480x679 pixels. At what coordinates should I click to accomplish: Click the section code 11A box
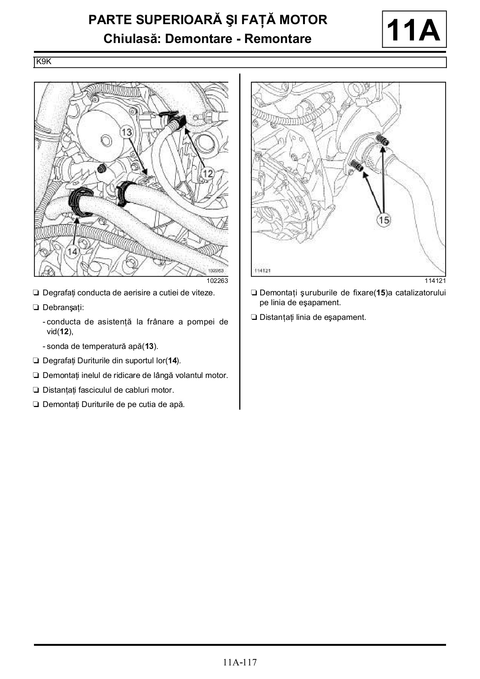click(414, 29)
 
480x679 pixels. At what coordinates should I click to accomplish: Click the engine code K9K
click(44, 61)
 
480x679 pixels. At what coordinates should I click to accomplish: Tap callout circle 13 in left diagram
click(127, 132)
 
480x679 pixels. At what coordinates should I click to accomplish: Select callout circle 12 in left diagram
click(208, 173)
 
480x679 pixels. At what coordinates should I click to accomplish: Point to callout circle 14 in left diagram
click(72, 251)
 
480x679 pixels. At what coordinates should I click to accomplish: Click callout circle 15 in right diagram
click(383, 220)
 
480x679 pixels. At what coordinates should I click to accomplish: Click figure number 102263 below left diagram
click(217, 281)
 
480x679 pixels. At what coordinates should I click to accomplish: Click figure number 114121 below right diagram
click(435, 281)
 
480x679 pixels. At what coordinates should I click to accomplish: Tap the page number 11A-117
click(240, 662)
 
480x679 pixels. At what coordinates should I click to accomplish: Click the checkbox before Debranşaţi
click(36, 307)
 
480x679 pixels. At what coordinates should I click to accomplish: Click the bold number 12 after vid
click(64, 332)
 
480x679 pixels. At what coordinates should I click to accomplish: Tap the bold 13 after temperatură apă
click(149, 346)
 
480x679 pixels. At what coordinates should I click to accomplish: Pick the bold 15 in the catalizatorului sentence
click(381, 293)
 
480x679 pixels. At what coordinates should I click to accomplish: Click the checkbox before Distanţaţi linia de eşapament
click(254, 317)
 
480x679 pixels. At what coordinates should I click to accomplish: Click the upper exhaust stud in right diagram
click(383, 141)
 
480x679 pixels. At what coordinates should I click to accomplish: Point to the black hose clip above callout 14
click(80, 202)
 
